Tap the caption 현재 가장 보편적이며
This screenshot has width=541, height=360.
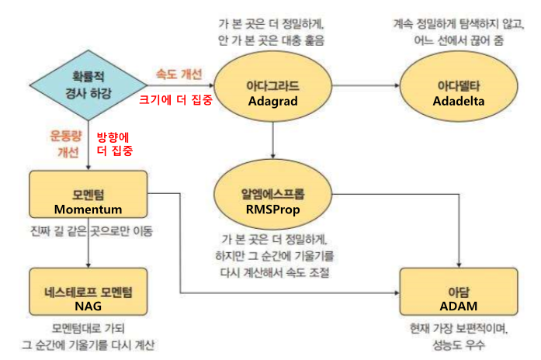pos(458,329)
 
